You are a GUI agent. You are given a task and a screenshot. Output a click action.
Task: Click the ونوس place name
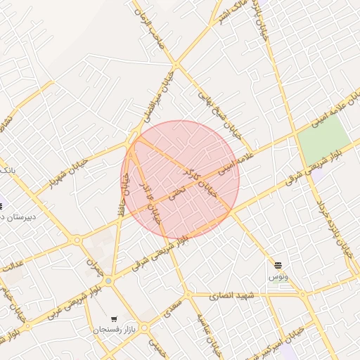[277, 277]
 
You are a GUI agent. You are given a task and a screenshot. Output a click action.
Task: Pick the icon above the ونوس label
[278, 264]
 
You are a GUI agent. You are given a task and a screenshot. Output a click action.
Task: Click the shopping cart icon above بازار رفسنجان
[114, 318]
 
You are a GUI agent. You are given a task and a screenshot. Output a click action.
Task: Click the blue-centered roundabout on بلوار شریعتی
[108, 281]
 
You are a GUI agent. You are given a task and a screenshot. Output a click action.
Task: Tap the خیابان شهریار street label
[68, 172]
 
